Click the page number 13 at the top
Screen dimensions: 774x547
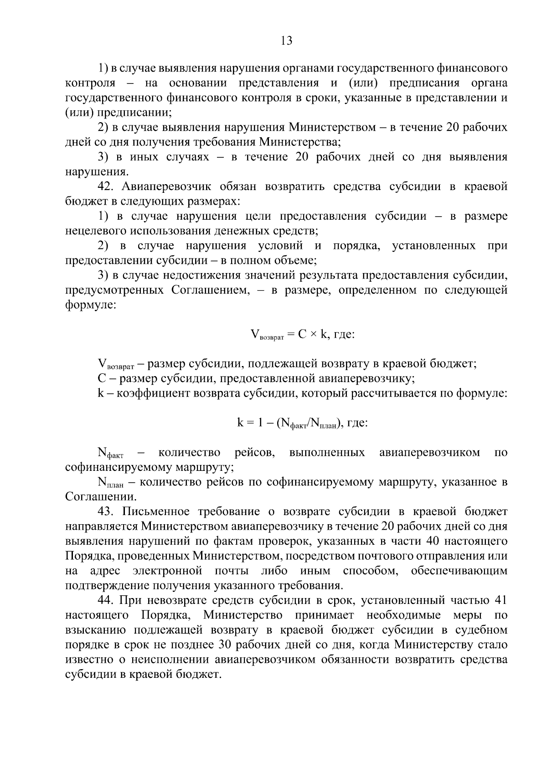286,41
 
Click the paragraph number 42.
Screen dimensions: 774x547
106,186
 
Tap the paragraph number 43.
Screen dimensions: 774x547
106,512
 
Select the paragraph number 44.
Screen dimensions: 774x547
106,600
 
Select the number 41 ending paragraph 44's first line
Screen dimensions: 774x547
500,600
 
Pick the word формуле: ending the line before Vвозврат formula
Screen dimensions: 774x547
91,305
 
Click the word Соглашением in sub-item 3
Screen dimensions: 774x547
211,290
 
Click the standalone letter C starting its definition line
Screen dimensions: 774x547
101,379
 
